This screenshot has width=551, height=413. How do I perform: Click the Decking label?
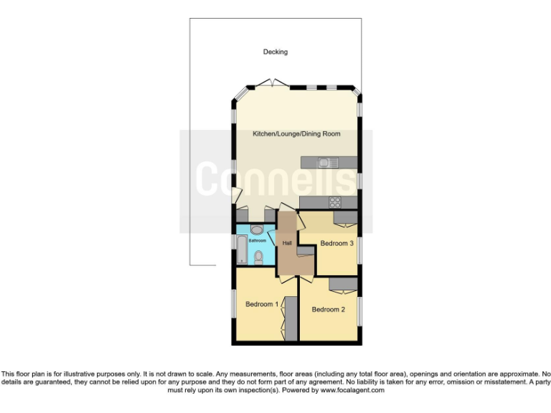coord(275,52)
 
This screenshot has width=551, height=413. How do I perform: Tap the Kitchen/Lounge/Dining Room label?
coord(296,134)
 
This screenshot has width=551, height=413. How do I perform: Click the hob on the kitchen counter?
coord(334,202)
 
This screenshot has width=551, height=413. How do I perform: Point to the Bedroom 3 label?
coord(336,244)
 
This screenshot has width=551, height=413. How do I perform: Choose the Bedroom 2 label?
coord(329,310)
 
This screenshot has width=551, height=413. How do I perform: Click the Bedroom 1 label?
coord(262,305)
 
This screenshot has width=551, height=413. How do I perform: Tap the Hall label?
coord(287,244)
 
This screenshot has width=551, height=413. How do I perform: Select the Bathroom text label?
coord(258,241)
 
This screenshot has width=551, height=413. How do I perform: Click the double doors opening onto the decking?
coord(274,85)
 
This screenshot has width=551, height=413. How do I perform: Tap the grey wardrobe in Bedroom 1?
coord(291,317)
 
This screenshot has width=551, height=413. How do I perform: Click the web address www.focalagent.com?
coord(352,391)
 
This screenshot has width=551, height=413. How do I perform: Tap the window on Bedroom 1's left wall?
coord(232,305)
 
